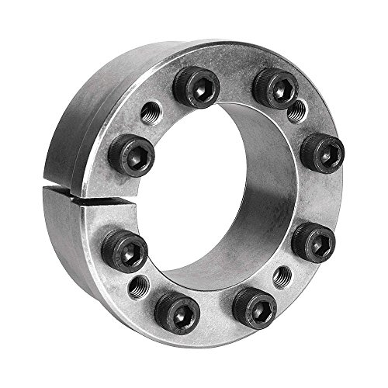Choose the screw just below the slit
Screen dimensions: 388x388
[123, 250]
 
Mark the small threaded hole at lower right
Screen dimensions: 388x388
[282, 274]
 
